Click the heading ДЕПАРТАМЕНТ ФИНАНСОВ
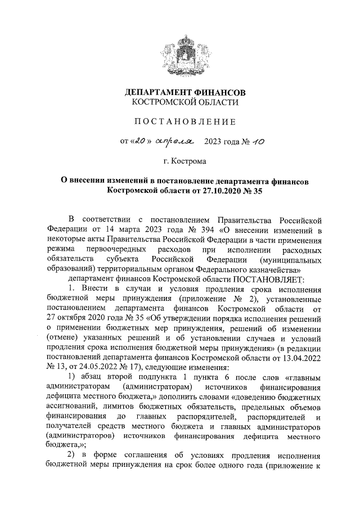pos(185,92)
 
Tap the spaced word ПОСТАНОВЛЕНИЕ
pos(185,121)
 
